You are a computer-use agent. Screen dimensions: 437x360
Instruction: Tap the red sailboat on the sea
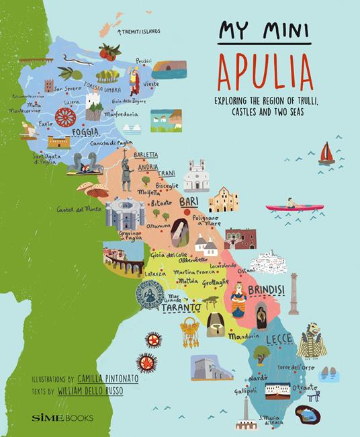[326, 153]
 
